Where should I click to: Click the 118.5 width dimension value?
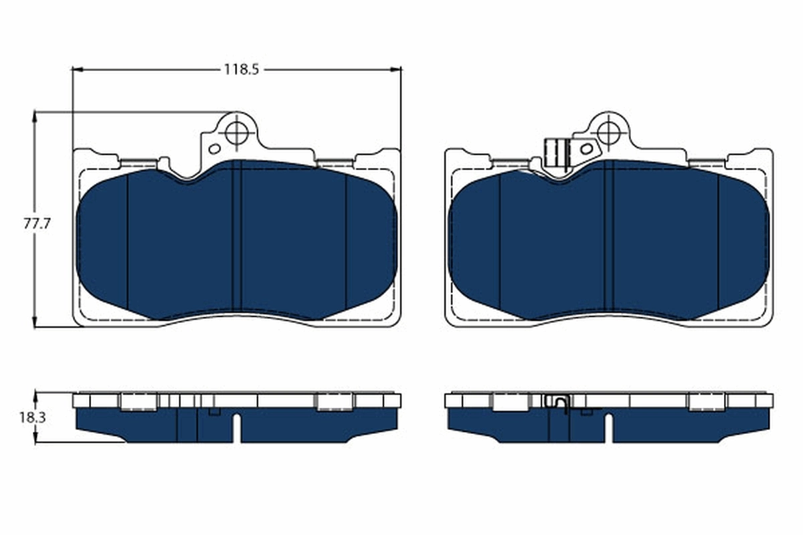click(241, 69)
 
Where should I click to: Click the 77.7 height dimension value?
click(37, 224)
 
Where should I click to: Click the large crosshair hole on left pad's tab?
click(236, 132)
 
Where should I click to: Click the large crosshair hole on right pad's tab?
click(608, 132)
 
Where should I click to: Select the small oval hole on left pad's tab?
click(215, 148)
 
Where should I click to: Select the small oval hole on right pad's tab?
click(586, 148)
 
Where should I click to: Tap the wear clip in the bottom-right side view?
click(557, 403)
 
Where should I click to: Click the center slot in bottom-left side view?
click(236, 428)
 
